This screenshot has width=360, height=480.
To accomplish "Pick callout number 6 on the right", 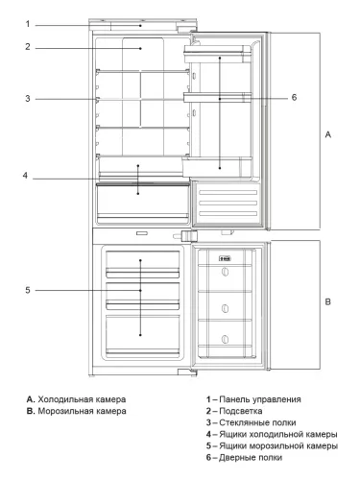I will (294, 97).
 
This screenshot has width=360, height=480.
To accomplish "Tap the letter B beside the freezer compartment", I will (327, 302).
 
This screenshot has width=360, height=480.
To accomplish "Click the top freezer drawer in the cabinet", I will (141, 262).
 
